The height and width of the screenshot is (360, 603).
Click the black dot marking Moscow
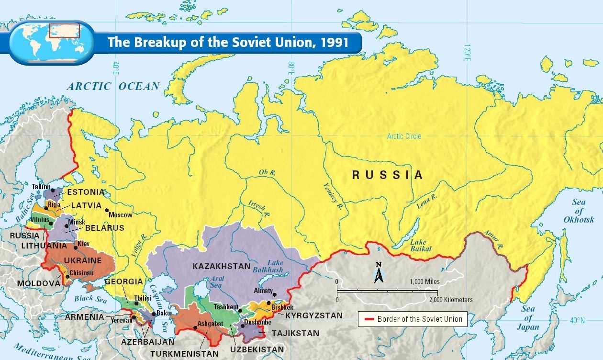tap(107, 210)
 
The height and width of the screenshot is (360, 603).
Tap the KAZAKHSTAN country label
tap(222, 266)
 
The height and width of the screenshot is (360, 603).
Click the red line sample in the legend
tap(368, 319)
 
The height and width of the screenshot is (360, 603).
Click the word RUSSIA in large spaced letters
tap(388, 175)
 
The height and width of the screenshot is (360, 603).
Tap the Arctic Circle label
tap(404, 136)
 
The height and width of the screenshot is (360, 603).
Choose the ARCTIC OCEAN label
tap(113, 87)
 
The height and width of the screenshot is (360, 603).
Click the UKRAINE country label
tap(83, 261)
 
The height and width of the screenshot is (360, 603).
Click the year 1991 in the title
tap(335, 42)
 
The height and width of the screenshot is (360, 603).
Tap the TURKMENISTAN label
tap(184, 354)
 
